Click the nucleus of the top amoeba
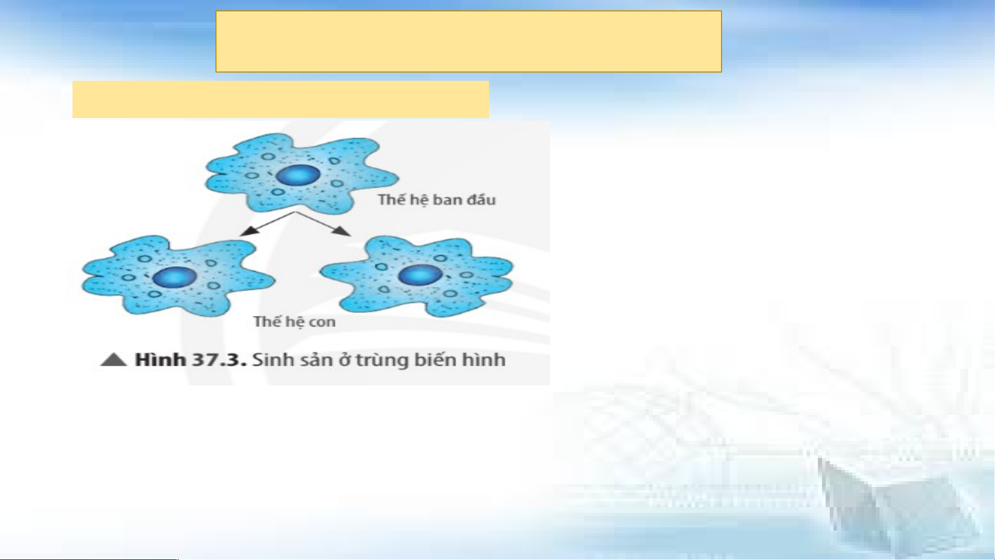[x=298, y=175]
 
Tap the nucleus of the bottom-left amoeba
[x=175, y=278]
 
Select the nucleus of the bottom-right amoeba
[x=420, y=275]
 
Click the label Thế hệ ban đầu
[x=437, y=200]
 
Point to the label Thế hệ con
[x=294, y=322]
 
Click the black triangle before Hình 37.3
[x=113, y=360]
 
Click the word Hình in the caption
[x=160, y=360]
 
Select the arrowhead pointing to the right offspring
[x=340, y=231]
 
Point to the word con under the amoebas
[x=322, y=322]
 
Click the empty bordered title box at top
[x=468, y=41]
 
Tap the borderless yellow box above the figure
[x=280, y=99]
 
